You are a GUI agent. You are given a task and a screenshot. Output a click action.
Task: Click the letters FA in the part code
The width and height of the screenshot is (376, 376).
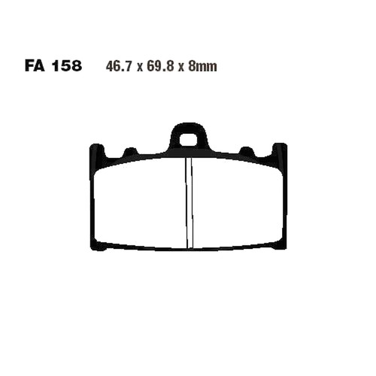tap(35, 66)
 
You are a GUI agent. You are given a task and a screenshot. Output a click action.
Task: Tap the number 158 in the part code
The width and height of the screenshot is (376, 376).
tap(67, 66)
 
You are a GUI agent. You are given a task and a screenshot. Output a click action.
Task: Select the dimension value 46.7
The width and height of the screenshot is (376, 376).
tap(119, 66)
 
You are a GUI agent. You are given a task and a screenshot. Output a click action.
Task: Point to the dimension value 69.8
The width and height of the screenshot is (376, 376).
tap(160, 66)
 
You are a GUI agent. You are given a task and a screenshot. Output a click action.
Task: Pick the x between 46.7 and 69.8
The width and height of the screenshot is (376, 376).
tap(139, 68)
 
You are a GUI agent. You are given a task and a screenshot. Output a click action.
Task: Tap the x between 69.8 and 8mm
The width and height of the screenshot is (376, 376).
tap(181, 68)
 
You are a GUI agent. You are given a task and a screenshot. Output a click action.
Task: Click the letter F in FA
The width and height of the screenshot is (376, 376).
tap(29, 66)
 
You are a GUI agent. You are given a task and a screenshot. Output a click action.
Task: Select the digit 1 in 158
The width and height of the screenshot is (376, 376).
tap(55, 66)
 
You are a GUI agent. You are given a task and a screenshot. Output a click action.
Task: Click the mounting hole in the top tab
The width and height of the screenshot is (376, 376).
tap(188, 139)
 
